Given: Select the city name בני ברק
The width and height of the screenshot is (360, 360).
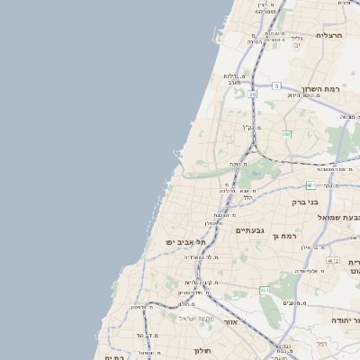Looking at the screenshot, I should [305, 202].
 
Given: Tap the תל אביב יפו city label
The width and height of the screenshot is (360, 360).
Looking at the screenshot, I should [185, 242].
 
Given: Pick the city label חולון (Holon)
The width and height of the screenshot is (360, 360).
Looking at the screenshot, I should [202, 350].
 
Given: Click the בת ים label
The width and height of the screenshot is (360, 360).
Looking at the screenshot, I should [114, 356].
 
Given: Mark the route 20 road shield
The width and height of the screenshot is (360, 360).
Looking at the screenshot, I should [253, 94].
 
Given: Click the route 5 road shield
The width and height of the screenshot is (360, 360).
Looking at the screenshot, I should [277, 85].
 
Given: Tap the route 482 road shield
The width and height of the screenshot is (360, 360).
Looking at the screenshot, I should [286, 134].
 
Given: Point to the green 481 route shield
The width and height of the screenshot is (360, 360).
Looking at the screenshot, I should [310, 185].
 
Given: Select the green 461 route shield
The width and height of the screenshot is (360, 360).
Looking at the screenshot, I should [264, 290].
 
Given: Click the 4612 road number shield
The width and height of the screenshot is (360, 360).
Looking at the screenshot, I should [333, 261].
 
